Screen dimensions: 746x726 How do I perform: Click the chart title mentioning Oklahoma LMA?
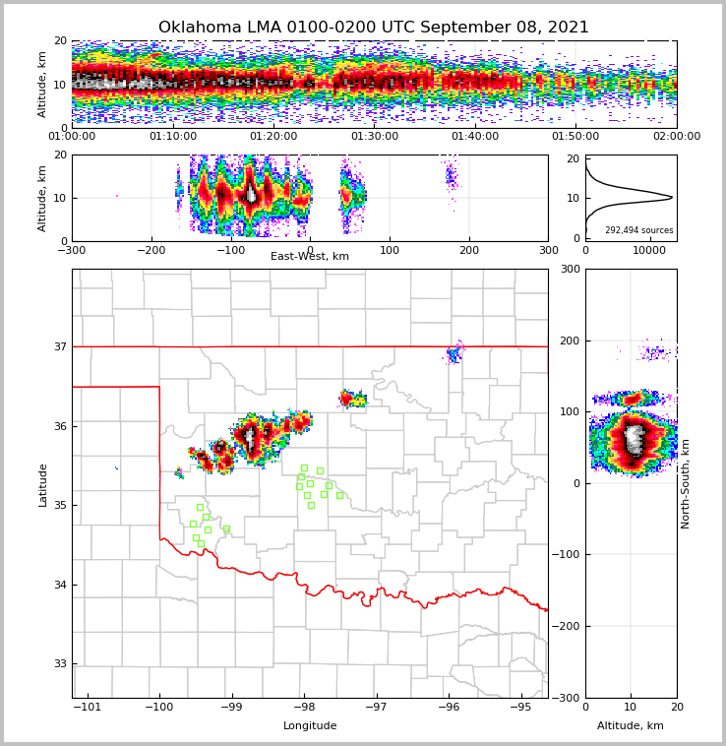click(374, 28)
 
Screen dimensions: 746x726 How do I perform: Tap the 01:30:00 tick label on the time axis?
click(374, 137)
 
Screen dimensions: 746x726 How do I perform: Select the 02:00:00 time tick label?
click(676, 137)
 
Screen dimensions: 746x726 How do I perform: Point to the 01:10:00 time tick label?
click(173, 137)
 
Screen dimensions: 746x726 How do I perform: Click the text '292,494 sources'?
click(638, 230)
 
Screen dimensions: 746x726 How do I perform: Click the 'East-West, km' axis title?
click(310, 257)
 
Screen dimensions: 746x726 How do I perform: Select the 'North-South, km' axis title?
click(686, 483)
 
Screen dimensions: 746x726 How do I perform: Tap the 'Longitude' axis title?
click(310, 726)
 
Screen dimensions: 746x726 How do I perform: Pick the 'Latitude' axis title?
click(42, 484)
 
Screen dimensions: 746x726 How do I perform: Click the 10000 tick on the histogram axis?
click(649, 251)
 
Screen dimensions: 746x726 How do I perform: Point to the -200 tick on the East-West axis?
click(151, 251)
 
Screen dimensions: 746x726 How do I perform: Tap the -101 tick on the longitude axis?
click(87, 707)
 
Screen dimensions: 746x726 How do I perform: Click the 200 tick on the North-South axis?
click(570, 341)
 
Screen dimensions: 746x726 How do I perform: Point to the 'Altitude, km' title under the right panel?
click(631, 726)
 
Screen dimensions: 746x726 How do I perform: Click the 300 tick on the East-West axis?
click(548, 251)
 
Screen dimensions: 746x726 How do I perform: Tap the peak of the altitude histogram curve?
click(672, 198)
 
